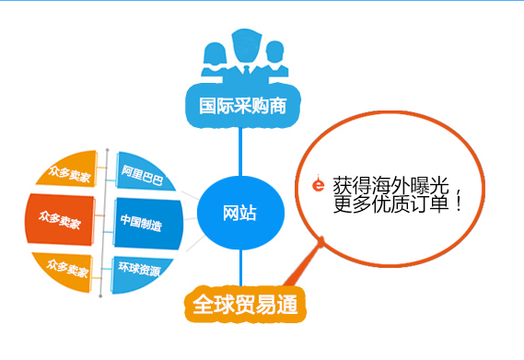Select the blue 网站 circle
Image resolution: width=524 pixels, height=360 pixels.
(240, 215)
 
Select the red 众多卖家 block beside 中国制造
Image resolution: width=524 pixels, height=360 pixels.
(60, 221)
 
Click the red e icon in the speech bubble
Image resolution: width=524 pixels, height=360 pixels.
(318, 184)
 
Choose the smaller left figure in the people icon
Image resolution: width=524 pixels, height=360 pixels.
(212, 57)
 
